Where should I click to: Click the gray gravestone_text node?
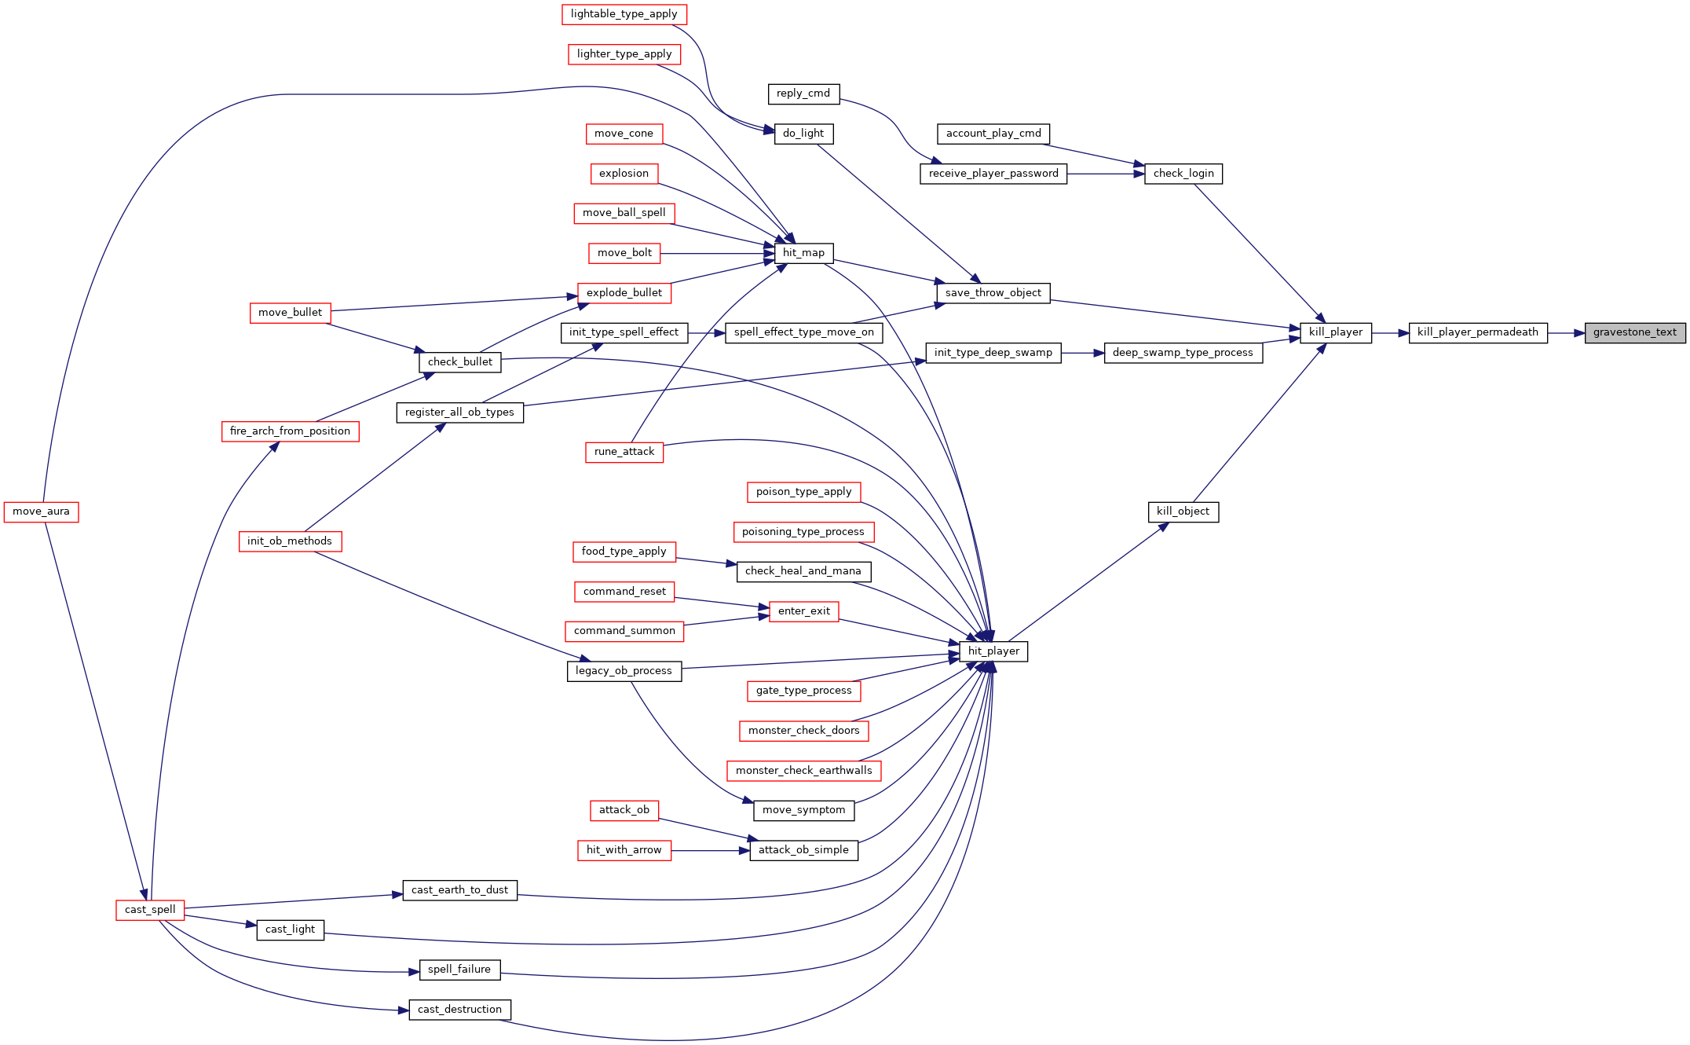[x=1635, y=332]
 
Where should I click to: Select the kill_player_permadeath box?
[x=1478, y=332]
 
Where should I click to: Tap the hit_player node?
[x=993, y=651]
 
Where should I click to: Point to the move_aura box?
[x=41, y=511]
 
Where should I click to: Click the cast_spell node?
[x=150, y=910]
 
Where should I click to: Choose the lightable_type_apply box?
[x=624, y=14]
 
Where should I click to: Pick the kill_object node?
[x=1183, y=511]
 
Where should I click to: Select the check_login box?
[x=1183, y=174]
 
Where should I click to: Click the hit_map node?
[x=803, y=253]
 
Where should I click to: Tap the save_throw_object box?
[x=993, y=293]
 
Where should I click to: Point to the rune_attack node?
[x=624, y=452]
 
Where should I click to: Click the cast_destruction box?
[x=459, y=1010]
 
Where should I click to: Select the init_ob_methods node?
[x=290, y=541]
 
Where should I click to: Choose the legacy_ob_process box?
[x=624, y=671]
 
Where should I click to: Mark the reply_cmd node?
[x=803, y=93]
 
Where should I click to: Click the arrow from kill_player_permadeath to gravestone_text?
[x=1566, y=333]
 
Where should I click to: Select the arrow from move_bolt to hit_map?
[x=717, y=253]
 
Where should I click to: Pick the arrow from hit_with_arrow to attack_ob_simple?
[x=710, y=850]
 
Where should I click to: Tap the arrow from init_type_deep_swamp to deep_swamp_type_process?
[x=1083, y=353]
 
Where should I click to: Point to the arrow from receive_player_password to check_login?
[x=1106, y=174]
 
